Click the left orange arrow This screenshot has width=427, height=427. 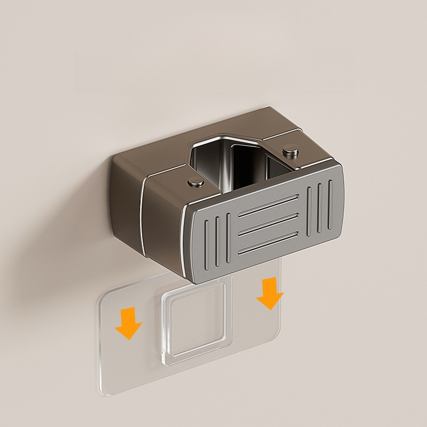(x=129, y=323)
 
